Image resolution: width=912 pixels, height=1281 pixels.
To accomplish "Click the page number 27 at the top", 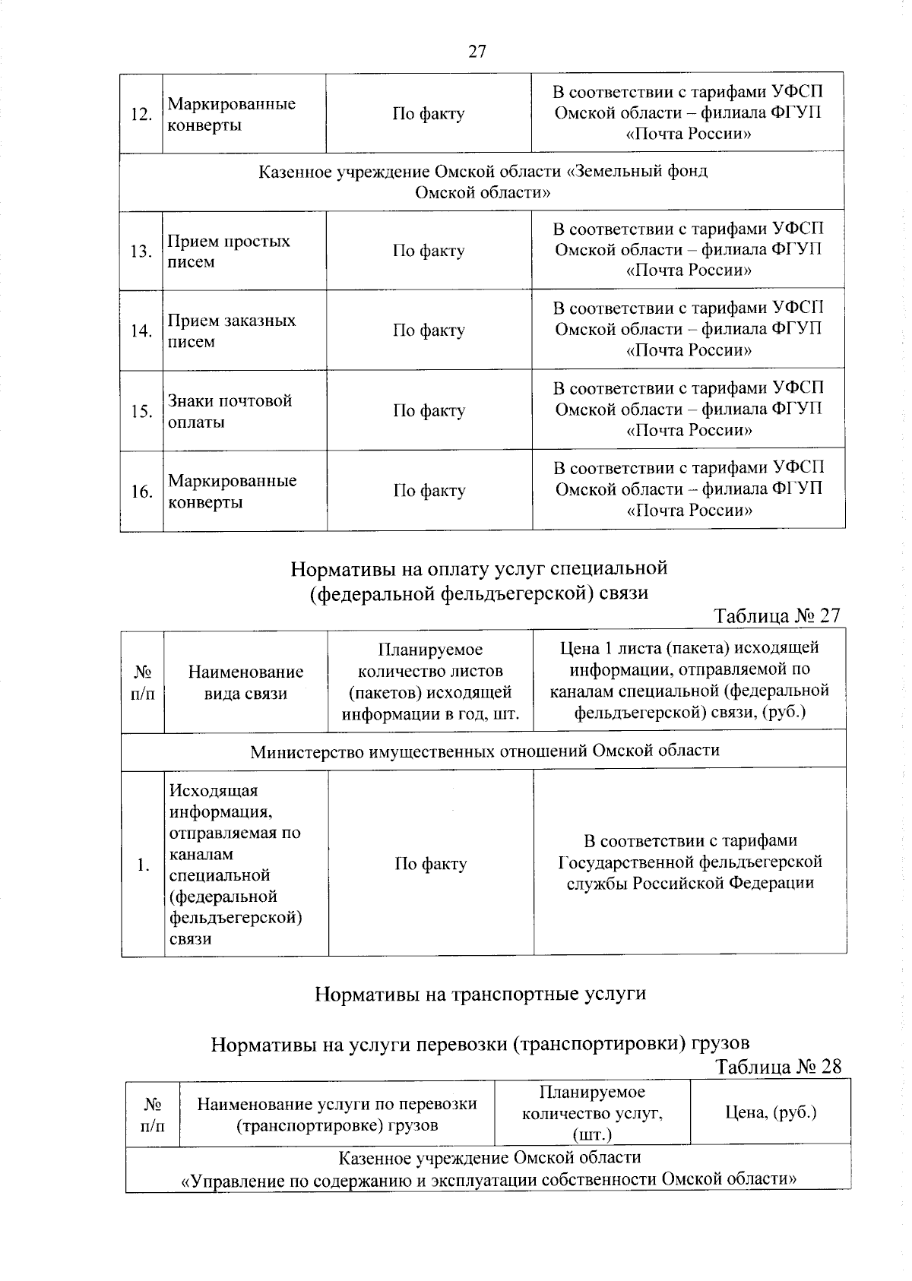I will coord(477,52).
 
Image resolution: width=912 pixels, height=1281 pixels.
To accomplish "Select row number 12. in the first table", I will coord(141,115).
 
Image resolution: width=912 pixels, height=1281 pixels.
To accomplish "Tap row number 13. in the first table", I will coord(141,251).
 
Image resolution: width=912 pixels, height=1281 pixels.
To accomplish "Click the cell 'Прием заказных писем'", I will coord(232,331).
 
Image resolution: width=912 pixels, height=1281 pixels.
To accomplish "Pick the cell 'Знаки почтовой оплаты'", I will coord(230,411).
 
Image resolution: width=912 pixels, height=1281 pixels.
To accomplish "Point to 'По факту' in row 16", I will coord(429,491).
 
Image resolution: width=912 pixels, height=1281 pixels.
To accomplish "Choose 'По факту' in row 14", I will coord(429,331).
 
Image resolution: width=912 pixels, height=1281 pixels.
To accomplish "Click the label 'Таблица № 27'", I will coord(777,615).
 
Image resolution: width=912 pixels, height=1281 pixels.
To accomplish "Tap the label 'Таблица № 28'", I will coord(779,1067).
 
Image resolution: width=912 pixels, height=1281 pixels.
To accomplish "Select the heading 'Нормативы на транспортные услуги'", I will coord(480,994).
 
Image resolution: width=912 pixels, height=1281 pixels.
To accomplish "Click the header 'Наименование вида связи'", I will coord(245,682).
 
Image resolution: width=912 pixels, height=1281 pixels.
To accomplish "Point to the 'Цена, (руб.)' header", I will coord(771,1112).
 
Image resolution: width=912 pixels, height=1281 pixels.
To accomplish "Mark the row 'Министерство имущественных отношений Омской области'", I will coord(485,751).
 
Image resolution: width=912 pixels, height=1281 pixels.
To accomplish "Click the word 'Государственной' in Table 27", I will coord(625,862).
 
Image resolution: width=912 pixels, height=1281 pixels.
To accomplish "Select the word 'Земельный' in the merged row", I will coord(615,172).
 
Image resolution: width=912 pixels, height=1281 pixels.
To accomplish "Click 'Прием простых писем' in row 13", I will coord(229,251).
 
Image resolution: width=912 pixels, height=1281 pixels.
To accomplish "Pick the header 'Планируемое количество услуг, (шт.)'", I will coord(592,1113).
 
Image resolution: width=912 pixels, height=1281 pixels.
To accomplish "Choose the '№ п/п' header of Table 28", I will coord(153,1114).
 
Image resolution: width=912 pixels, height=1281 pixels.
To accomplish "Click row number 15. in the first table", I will coord(141,412).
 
